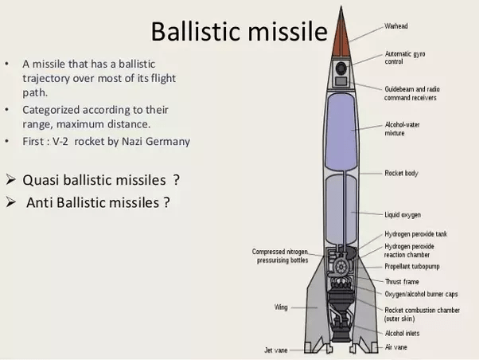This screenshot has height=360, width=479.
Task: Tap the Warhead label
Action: coord(397,26)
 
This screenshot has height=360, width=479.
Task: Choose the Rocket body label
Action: coord(402,173)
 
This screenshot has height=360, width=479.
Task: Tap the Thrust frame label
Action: coord(403,281)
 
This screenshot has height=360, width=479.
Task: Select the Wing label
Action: coord(281,307)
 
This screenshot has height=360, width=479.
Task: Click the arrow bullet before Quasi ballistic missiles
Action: coord(10,178)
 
